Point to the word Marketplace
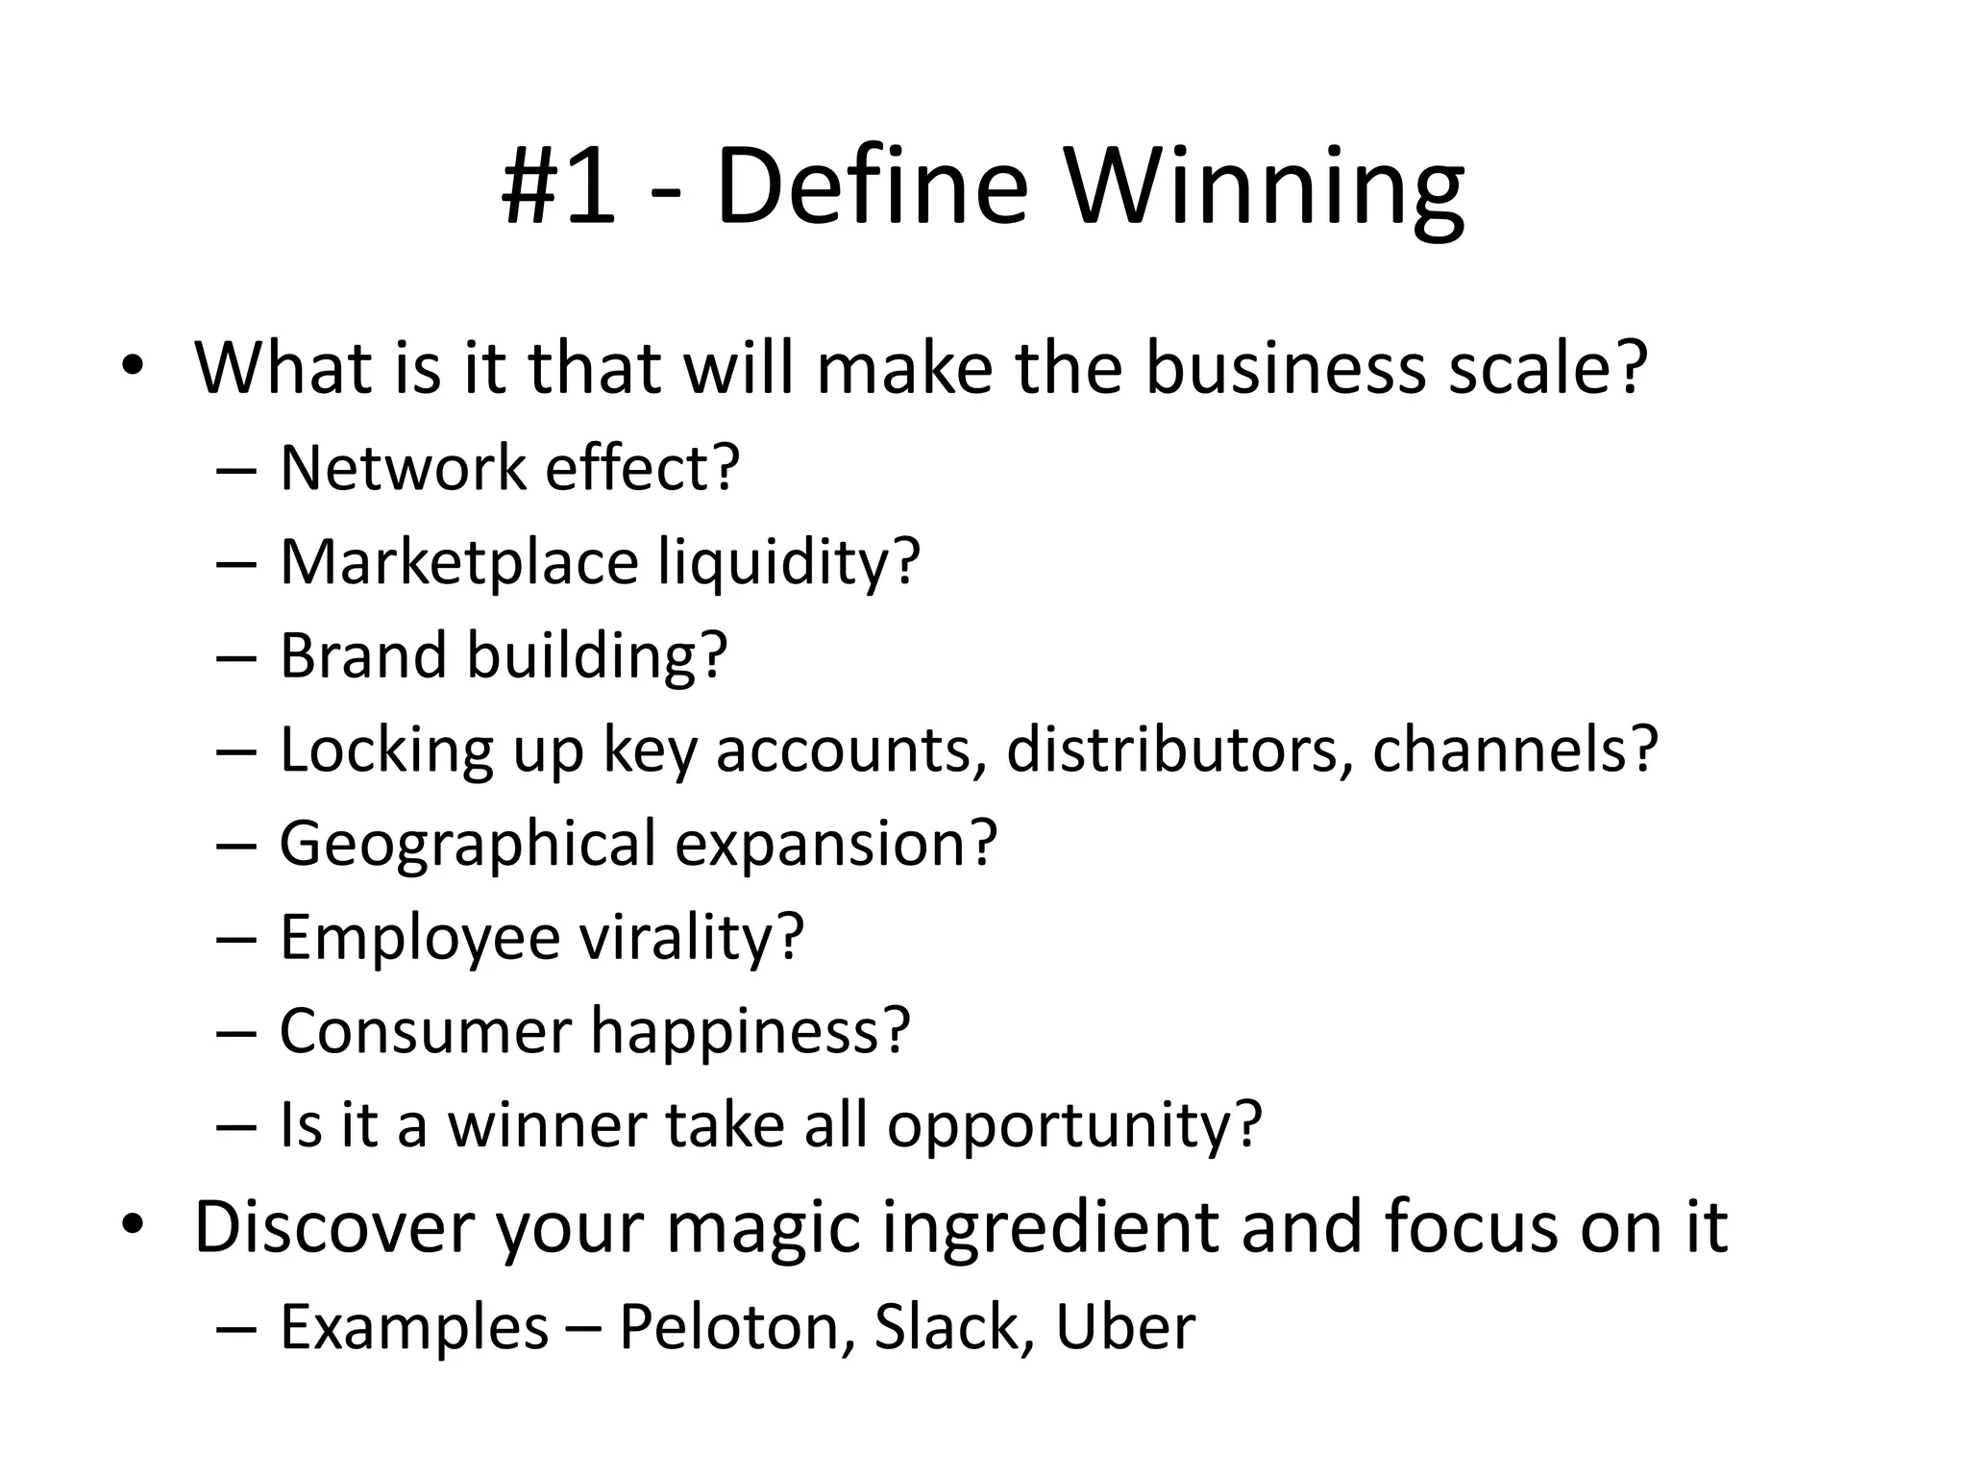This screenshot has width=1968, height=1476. point(459,562)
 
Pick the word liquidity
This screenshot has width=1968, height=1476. point(788,564)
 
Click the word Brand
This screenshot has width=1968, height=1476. point(363,655)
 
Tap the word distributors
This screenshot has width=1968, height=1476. point(1172,750)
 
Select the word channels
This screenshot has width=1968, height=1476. point(1514,750)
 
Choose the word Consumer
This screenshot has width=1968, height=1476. point(426,1031)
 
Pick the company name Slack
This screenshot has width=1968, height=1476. point(946,1327)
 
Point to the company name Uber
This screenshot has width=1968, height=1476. point(1125,1327)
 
